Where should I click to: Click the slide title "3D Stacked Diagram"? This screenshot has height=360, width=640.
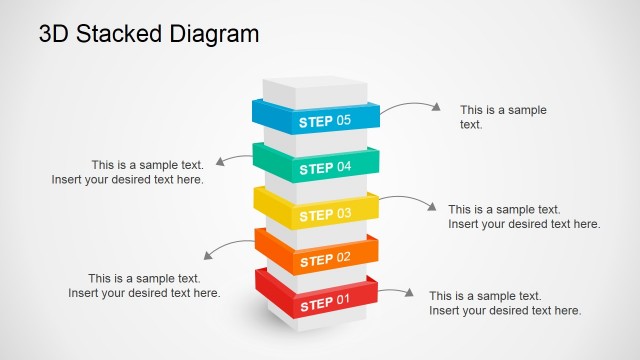(148, 33)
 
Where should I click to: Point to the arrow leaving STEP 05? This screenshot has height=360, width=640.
(410, 105)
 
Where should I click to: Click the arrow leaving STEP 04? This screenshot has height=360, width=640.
(236, 158)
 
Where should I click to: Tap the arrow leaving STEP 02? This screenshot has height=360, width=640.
(228, 247)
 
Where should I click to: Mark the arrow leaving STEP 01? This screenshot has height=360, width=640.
(396, 292)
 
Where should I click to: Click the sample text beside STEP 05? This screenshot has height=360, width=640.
(503, 117)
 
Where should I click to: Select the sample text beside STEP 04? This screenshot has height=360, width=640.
(128, 172)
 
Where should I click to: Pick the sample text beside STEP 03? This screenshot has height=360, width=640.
(524, 217)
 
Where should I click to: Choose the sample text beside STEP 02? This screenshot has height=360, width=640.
(144, 286)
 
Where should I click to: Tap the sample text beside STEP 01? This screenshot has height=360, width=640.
(505, 303)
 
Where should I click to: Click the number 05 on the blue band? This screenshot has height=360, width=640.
(343, 121)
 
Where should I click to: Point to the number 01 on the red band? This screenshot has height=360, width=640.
(343, 300)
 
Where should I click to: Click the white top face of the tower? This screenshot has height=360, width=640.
(315, 86)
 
